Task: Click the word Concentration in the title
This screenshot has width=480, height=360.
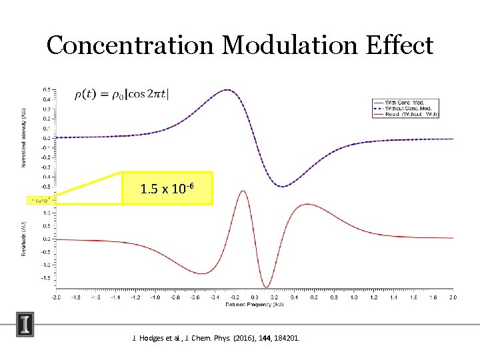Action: pos(130,45)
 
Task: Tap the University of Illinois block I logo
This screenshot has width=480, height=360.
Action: pos(25,325)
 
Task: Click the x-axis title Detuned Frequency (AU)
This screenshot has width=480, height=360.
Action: pos(255,305)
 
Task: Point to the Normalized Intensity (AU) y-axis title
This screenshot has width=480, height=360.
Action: pos(25,139)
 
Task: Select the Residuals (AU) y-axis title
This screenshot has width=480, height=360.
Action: pos(25,237)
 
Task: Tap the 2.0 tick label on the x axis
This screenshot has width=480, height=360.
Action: pos(453,297)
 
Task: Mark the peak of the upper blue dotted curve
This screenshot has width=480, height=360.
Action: pos(228,90)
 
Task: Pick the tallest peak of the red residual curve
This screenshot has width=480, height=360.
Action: pos(243,191)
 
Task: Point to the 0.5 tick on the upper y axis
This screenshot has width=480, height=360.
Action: pos(46,89)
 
